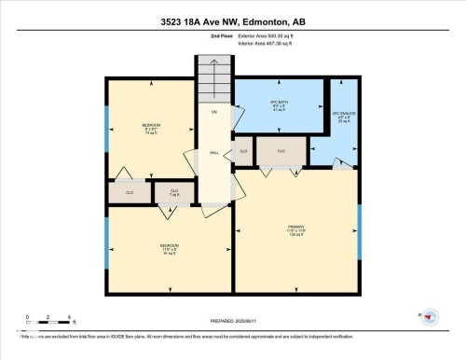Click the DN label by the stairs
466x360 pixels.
pos(213,112)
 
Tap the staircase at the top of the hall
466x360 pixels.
pos(213,79)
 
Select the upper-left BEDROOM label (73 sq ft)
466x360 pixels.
pos(151,128)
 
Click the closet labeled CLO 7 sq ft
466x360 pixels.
pos(172,192)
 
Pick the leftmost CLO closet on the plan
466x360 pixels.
pos(130,192)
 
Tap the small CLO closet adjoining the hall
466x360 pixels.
pos(243,150)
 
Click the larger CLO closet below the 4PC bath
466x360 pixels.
pos(281,150)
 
